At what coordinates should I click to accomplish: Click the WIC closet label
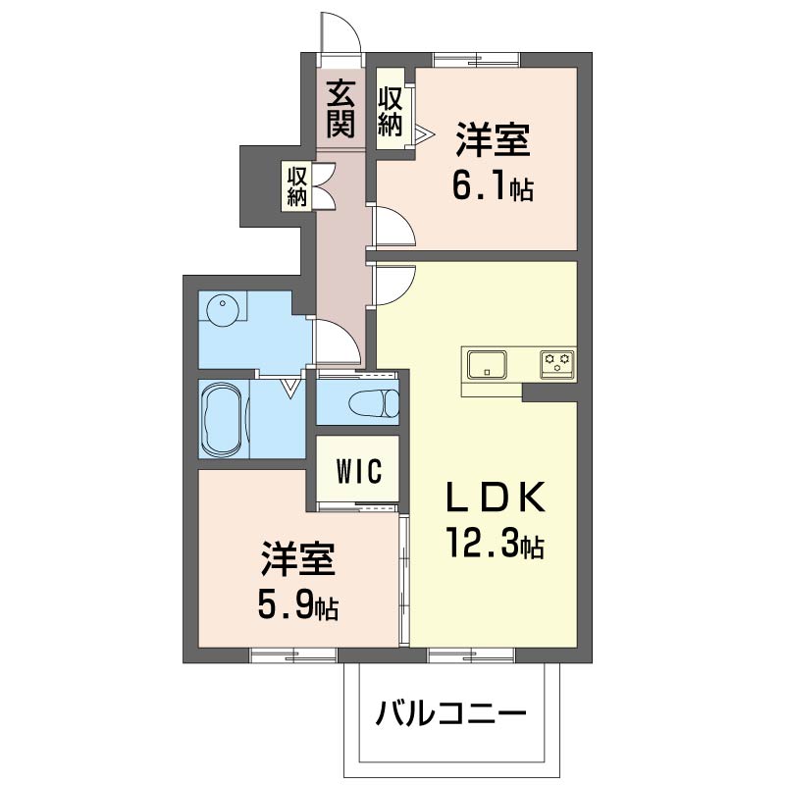(358, 470)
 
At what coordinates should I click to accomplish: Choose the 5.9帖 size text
(299, 604)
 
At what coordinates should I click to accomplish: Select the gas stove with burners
(558, 364)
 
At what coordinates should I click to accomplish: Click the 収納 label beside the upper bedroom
(391, 111)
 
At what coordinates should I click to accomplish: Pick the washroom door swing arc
(334, 343)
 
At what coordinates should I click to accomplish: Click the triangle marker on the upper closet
(423, 133)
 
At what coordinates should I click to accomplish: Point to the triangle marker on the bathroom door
(291, 389)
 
